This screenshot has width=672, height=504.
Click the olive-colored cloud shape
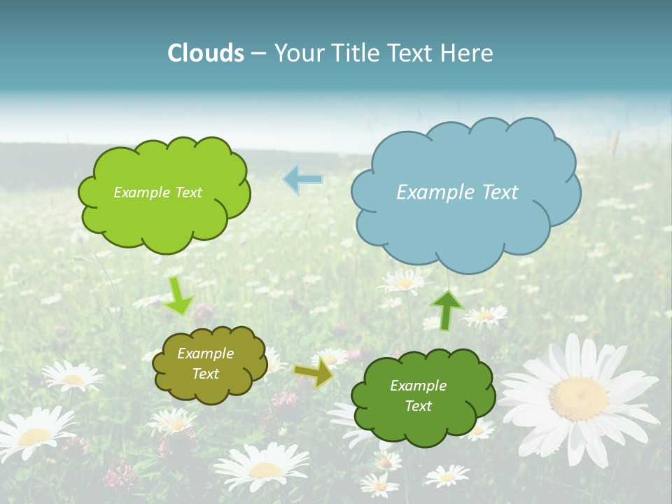pos(210,388)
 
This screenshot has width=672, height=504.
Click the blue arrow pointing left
pos(302,179)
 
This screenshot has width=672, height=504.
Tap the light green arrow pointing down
pos(178,297)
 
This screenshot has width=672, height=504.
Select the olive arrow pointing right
pos(313,372)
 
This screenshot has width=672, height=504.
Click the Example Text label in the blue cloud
pos(457,192)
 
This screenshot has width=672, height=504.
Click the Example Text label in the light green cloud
pos(157,192)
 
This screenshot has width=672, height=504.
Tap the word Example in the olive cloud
pos(205,353)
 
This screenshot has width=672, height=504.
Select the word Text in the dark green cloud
pos(418,406)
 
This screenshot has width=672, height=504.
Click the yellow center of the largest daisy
pos(578,398)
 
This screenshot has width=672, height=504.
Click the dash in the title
pos(258,54)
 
